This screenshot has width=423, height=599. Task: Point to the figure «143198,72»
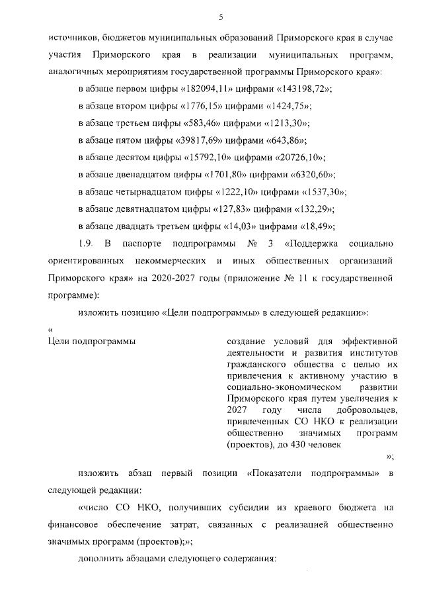[297, 89]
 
